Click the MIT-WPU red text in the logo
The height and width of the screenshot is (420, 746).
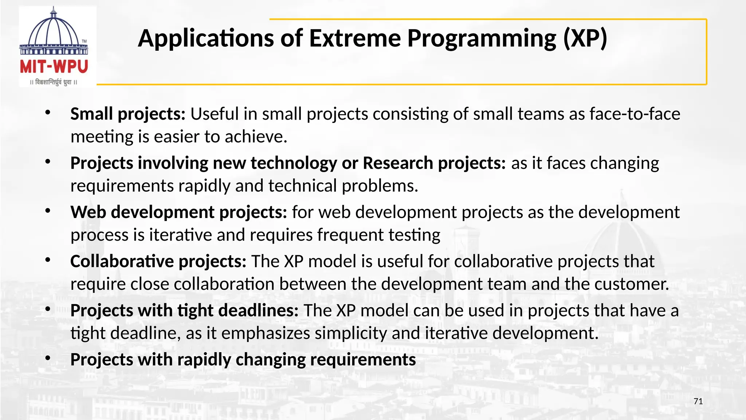point(54,67)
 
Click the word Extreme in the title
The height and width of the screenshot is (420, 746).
point(355,38)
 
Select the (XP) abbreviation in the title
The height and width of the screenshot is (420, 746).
point(585,38)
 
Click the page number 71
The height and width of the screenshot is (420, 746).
point(698,401)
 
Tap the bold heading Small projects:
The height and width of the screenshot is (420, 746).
point(128,114)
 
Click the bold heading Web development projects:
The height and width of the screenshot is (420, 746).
point(178,212)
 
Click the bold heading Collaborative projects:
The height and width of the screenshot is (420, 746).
point(158,261)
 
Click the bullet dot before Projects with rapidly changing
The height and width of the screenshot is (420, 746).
point(48,359)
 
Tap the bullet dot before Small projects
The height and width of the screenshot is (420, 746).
point(48,113)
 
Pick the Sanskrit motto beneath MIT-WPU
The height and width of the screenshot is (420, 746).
point(54,82)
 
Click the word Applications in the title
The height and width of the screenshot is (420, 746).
point(205,38)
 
